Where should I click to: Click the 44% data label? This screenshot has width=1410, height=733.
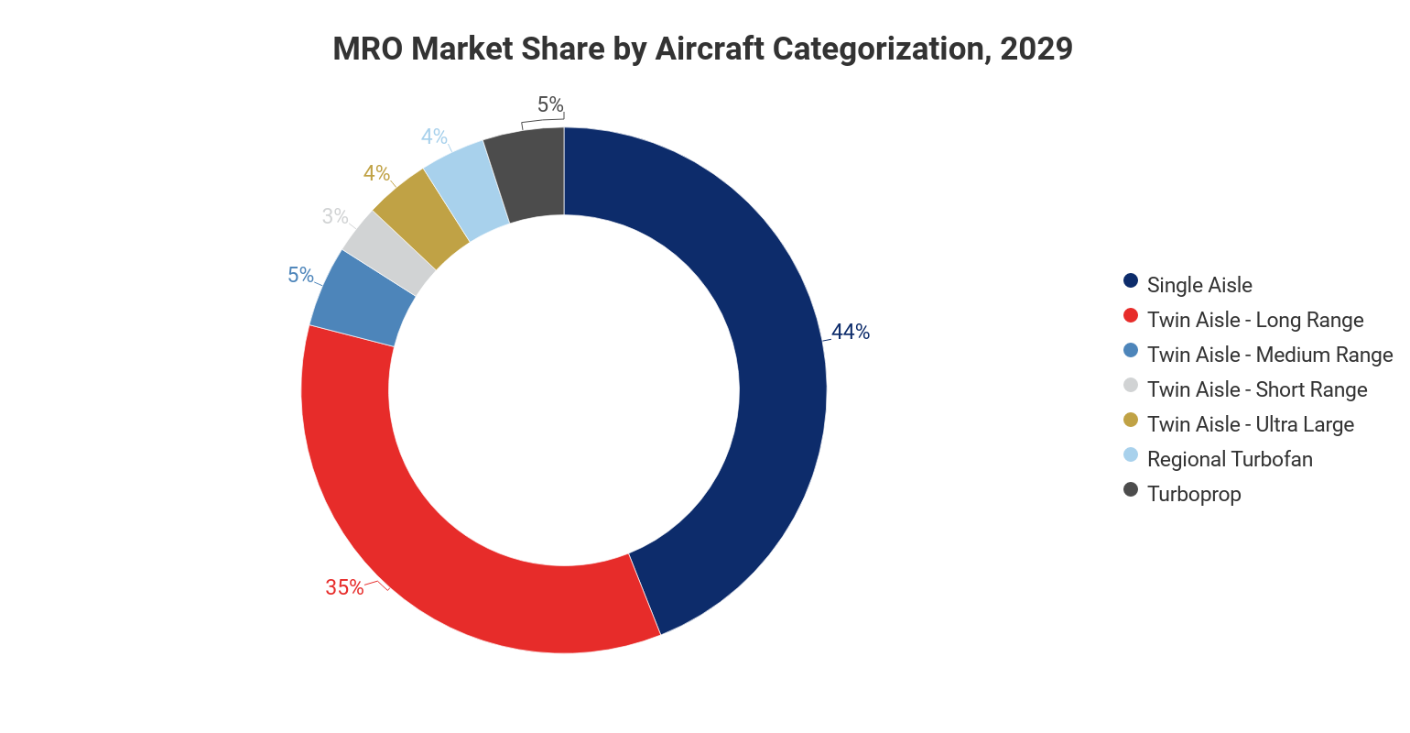[851, 332]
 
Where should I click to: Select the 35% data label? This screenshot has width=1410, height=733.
[344, 587]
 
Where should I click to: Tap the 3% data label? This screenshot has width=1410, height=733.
[335, 216]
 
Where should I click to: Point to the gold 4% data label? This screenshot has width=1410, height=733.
[376, 173]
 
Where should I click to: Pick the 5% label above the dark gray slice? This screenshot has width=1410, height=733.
[550, 105]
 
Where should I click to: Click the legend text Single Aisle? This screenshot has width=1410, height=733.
[1199, 285]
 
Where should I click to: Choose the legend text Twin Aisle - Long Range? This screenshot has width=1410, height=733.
[1255, 320]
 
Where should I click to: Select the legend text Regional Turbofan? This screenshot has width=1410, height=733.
[1230, 459]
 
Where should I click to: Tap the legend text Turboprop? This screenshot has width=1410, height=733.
[1194, 494]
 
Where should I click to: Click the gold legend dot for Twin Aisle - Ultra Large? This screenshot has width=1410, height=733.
[1131, 421]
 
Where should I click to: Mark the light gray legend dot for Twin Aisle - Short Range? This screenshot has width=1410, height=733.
[1131, 386]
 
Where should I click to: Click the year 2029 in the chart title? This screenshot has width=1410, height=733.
[1036, 49]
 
